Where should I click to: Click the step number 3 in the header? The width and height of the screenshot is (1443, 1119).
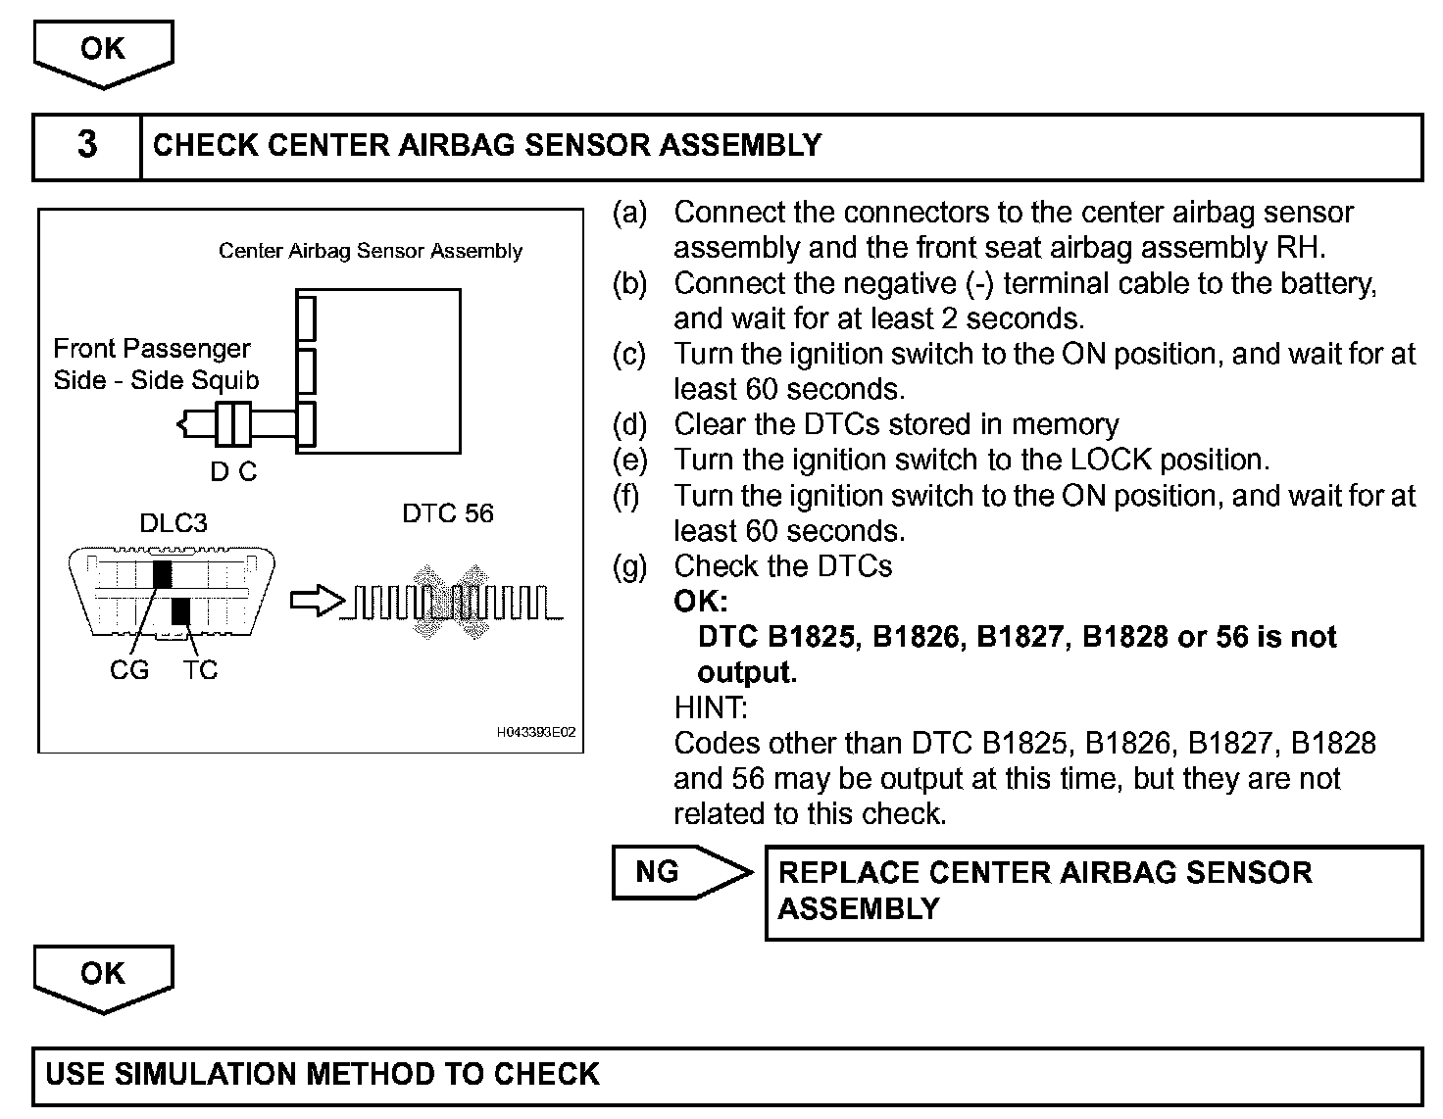[x=87, y=145]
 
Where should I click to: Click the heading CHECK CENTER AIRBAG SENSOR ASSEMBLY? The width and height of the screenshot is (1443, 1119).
[x=487, y=145]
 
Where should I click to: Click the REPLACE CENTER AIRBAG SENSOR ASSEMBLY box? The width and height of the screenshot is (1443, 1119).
[x=1092, y=891]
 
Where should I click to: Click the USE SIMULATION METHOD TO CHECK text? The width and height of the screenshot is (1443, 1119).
[x=323, y=1074]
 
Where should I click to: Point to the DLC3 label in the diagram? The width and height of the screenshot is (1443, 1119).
[x=174, y=522]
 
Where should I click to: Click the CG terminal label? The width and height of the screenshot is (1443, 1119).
[x=129, y=670]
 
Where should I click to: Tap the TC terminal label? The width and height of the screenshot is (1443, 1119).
[x=200, y=670]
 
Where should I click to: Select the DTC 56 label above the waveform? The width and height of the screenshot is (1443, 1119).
[x=448, y=513]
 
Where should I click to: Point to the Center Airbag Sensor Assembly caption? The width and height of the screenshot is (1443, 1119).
[x=370, y=251]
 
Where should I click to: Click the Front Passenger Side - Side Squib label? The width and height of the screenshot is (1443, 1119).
[x=156, y=365]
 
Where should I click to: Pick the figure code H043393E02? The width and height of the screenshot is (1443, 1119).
[x=535, y=732]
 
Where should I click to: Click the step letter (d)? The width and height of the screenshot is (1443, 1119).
[x=629, y=425]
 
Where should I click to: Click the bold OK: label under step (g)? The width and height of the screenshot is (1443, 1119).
[x=700, y=601]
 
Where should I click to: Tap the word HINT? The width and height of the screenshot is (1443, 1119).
[x=711, y=706]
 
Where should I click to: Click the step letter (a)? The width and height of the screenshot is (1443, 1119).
[x=629, y=213]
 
